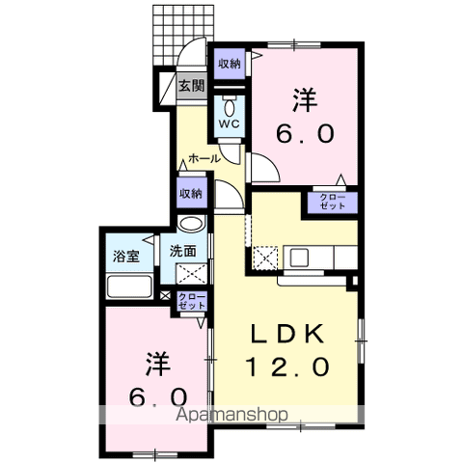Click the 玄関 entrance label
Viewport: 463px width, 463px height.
(x=191, y=85)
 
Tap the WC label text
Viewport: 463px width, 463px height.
(x=230, y=124)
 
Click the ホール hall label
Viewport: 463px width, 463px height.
(x=204, y=157)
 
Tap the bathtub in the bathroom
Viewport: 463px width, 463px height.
(x=129, y=286)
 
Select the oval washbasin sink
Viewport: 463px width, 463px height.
(x=192, y=226)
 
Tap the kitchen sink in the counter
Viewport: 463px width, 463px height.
(x=299, y=257)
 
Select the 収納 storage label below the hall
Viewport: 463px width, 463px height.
(x=190, y=193)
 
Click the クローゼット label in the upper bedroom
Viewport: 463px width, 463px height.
(x=330, y=204)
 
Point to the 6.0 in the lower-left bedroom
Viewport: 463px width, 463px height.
(x=157, y=396)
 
